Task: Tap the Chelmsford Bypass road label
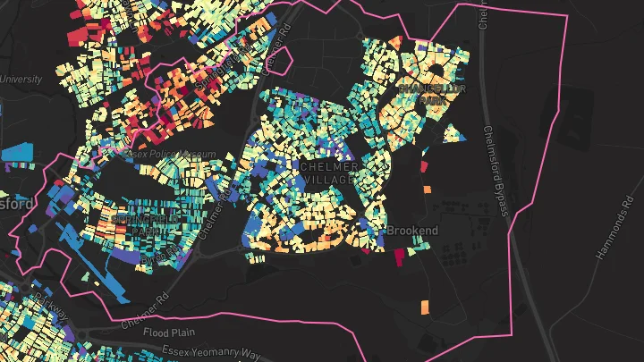496,170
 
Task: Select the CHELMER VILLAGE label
330,173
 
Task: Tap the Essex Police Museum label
173,155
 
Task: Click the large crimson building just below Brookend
399,257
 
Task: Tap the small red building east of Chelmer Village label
423,164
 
